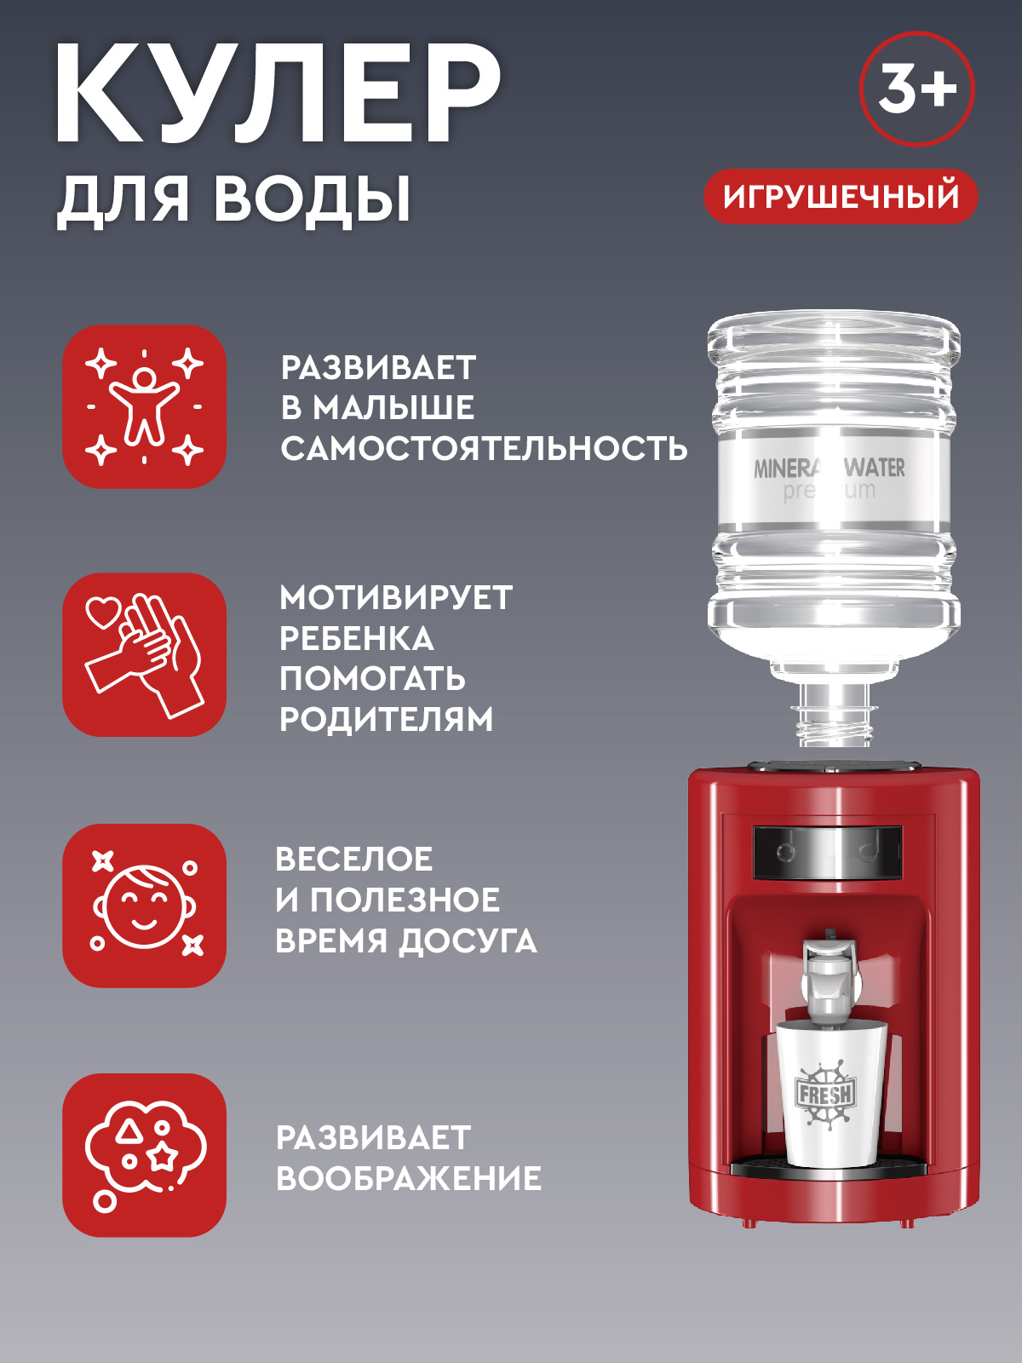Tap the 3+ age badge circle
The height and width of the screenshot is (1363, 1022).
tap(917, 89)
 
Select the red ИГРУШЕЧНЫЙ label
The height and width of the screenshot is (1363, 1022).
tap(841, 197)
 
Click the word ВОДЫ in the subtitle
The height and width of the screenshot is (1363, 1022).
tap(312, 200)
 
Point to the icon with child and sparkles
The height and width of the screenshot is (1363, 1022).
tap(144, 406)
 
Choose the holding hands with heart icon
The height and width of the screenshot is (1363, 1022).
tap(144, 654)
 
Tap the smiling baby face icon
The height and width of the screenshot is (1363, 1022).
tap(144, 906)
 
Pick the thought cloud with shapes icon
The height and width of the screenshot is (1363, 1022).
tap(144, 1155)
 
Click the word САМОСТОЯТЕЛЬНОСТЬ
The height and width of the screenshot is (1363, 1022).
tap(484, 448)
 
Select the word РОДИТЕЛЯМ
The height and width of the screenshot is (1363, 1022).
tap(387, 720)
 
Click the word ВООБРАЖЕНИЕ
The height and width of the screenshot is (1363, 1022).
tap(409, 1179)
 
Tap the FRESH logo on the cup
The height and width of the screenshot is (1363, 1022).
tap(825, 1094)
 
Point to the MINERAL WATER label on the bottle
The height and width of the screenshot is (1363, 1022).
tap(830, 469)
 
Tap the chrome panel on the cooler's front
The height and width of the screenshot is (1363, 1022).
tap(827, 852)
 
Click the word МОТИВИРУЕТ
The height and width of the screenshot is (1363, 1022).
tap(396, 598)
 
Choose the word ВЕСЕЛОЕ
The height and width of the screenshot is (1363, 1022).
tap(354, 860)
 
